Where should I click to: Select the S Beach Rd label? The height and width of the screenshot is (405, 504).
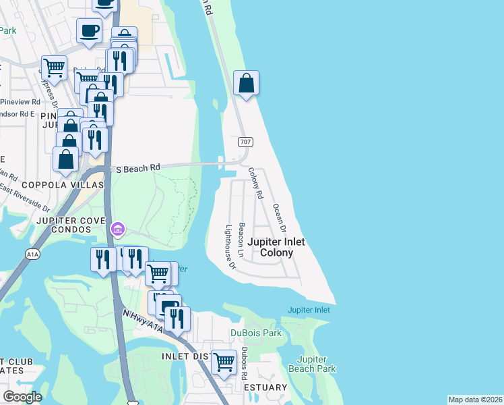[x=138, y=167]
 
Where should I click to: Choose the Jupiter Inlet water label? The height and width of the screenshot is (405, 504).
[x=309, y=310]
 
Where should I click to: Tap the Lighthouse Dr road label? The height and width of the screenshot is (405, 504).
[x=230, y=247]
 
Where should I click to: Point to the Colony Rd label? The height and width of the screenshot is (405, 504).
[x=255, y=184]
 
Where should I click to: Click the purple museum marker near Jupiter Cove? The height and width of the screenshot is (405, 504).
[x=118, y=230]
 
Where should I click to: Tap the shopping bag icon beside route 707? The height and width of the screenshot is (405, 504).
[x=247, y=84]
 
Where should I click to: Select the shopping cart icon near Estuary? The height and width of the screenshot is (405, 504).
[x=224, y=362]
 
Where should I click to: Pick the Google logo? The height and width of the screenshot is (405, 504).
[x=22, y=397]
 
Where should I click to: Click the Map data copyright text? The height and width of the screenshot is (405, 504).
[x=475, y=400]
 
